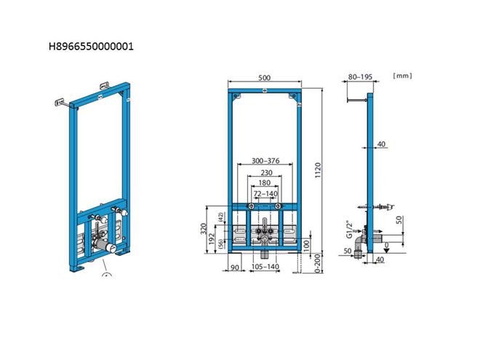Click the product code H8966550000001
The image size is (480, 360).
pos(91,47)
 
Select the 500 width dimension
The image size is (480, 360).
pos(264,77)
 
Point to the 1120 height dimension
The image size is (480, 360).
pos(318,170)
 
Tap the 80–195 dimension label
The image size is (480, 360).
pos(360,77)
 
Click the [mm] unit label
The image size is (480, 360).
pos(403,76)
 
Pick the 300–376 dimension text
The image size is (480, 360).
pos(265,161)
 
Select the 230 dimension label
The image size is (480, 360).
pos(266,172)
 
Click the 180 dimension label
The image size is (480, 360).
pos(265,183)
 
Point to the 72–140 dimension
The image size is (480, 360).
pos(265,193)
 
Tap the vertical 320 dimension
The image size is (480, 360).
pos(204,229)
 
